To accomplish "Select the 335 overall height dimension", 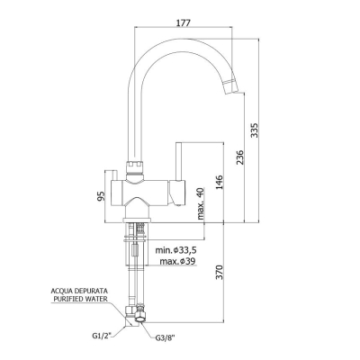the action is pyautogui.click(x=254, y=130).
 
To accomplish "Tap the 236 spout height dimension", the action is pyautogui.click(x=240, y=157).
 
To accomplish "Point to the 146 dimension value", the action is pyautogui.click(x=220, y=183).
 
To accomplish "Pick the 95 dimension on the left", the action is pyautogui.click(x=101, y=195).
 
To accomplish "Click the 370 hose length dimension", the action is pyautogui.click(x=220, y=272).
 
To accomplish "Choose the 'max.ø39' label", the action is pyautogui.click(x=177, y=261).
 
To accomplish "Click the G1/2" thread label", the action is pyautogui.click(x=102, y=336).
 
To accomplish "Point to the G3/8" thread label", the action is pyautogui.click(x=165, y=338).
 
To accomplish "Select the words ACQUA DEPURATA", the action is pyautogui.click(x=79, y=291).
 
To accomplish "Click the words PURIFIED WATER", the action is pyautogui.click(x=80, y=299).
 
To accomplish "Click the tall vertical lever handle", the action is pyautogui.click(x=179, y=162).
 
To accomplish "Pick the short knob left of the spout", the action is pyautogui.click(x=114, y=175).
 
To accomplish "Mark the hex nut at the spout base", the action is pyautogui.click(x=135, y=166).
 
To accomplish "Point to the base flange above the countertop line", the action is pyautogui.click(x=137, y=220).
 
